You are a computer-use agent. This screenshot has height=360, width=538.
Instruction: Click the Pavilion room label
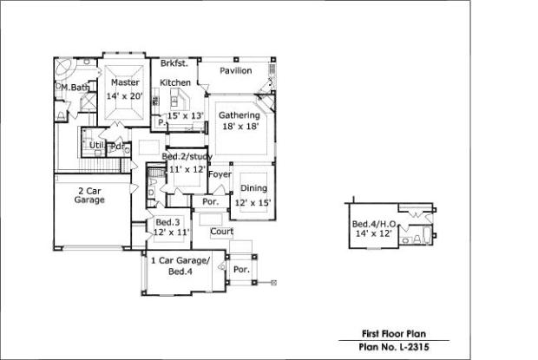click(x=236, y=70)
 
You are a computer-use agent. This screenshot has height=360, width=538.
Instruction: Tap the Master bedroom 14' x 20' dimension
click(x=124, y=96)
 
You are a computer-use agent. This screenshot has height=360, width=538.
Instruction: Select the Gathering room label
click(x=239, y=115)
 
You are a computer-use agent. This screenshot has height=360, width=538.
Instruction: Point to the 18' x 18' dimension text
click(x=240, y=126)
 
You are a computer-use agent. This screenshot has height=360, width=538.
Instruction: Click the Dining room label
click(x=253, y=188)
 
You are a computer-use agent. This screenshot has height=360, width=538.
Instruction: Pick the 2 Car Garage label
click(x=89, y=195)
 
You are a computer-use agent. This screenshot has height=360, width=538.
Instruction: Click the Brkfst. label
click(x=174, y=63)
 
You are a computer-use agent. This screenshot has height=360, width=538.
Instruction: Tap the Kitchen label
click(x=175, y=82)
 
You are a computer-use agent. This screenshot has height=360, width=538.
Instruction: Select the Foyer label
click(x=220, y=174)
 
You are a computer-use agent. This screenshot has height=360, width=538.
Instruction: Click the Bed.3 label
click(x=167, y=222)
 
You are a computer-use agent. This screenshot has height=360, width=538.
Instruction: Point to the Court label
click(x=221, y=232)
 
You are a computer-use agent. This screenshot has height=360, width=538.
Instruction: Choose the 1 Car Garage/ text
click(x=180, y=260)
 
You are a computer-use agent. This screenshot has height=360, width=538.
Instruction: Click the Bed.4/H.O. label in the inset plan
click(x=374, y=224)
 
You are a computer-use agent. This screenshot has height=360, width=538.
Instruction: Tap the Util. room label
click(x=96, y=146)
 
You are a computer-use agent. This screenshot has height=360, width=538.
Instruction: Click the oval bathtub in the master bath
click(x=64, y=68)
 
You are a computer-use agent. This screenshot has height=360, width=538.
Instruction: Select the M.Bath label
click(x=75, y=88)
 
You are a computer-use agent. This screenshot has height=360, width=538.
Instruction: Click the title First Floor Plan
click(x=394, y=334)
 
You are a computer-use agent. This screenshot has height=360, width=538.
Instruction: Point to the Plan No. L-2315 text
click(x=394, y=347)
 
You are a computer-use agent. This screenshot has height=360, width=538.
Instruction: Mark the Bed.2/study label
click(x=187, y=157)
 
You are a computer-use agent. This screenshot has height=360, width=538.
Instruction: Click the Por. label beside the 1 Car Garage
click(x=241, y=270)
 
